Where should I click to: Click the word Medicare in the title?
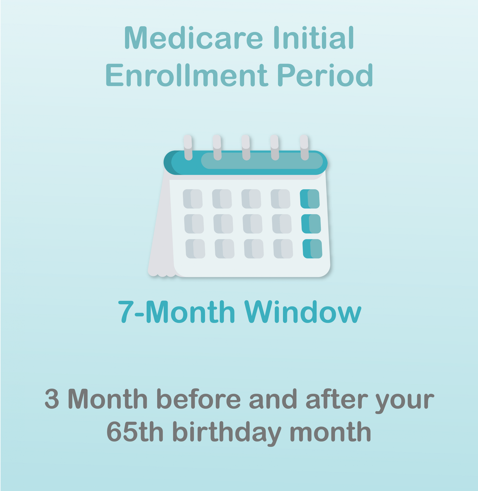click(194, 38)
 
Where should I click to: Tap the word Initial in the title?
click(314, 38)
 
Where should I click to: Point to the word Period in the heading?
click(325, 75)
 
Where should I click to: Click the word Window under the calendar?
click(303, 311)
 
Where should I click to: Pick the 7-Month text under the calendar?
click(177, 311)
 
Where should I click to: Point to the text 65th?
click(135, 432)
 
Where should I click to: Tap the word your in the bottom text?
click(405, 401)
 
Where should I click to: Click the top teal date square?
click(310, 199)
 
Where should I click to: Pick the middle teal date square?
click(311, 224)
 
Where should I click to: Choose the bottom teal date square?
click(312, 249)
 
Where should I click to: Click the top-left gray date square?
click(193, 199)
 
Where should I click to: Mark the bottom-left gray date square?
click(195, 249)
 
